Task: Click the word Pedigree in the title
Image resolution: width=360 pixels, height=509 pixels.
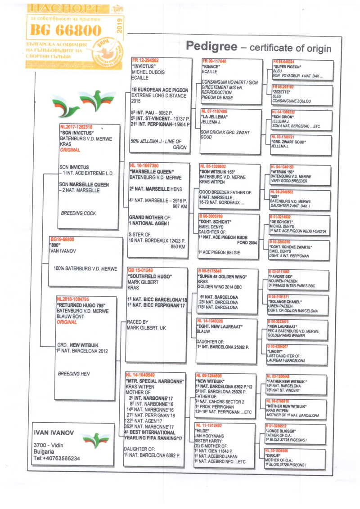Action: pos(210,46)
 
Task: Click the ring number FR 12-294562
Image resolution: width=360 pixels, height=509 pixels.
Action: pos(145,60)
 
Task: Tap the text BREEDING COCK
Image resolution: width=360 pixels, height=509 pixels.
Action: pos(78,213)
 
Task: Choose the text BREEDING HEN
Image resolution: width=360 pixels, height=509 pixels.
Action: pos(74,374)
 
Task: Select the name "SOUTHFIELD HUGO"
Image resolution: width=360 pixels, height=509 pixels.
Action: pos(149,276)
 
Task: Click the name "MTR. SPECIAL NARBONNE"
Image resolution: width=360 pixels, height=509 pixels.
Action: pos(155,381)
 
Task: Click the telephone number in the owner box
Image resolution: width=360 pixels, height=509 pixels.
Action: pos(57,458)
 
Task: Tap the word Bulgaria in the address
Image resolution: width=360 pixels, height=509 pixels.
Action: pos(44,452)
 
